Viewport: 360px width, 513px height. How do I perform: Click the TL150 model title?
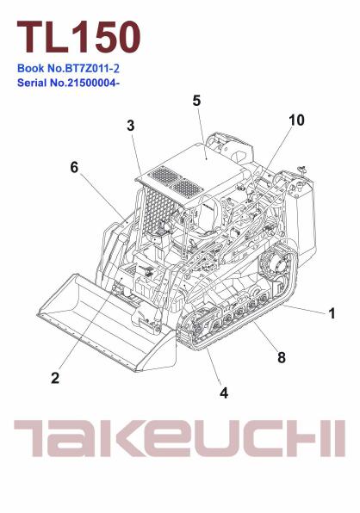79,36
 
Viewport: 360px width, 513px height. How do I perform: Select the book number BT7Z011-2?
93,68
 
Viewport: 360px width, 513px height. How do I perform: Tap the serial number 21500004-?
93,83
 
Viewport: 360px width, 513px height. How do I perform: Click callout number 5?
196,101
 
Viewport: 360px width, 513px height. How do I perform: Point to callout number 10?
296,121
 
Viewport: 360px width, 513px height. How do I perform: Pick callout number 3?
131,126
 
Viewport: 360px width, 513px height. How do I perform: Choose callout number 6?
74,168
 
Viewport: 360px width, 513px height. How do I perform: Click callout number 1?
332,313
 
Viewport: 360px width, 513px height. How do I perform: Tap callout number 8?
282,357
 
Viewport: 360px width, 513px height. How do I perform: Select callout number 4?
224,393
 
